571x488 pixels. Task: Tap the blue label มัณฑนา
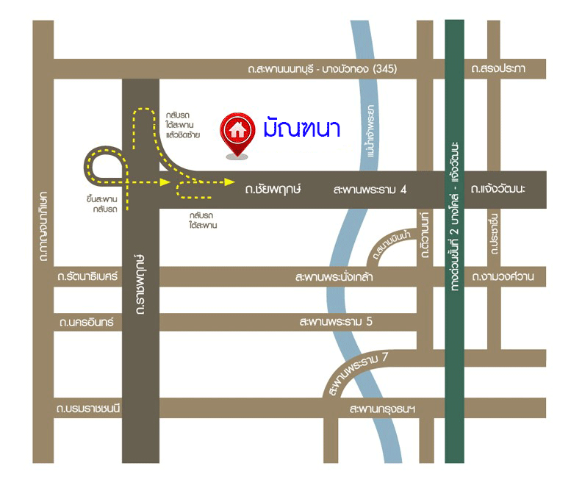point(301,129)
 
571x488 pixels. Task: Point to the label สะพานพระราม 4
point(370,190)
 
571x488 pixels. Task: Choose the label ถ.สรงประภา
point(499,69)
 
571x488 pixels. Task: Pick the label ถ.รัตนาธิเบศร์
point(87,277)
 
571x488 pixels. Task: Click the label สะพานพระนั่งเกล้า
point(333,277)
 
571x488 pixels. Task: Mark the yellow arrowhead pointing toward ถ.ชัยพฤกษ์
point(230,181)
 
